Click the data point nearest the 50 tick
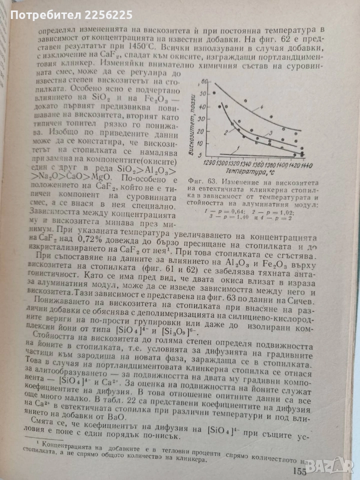click(x=214, y=93)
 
